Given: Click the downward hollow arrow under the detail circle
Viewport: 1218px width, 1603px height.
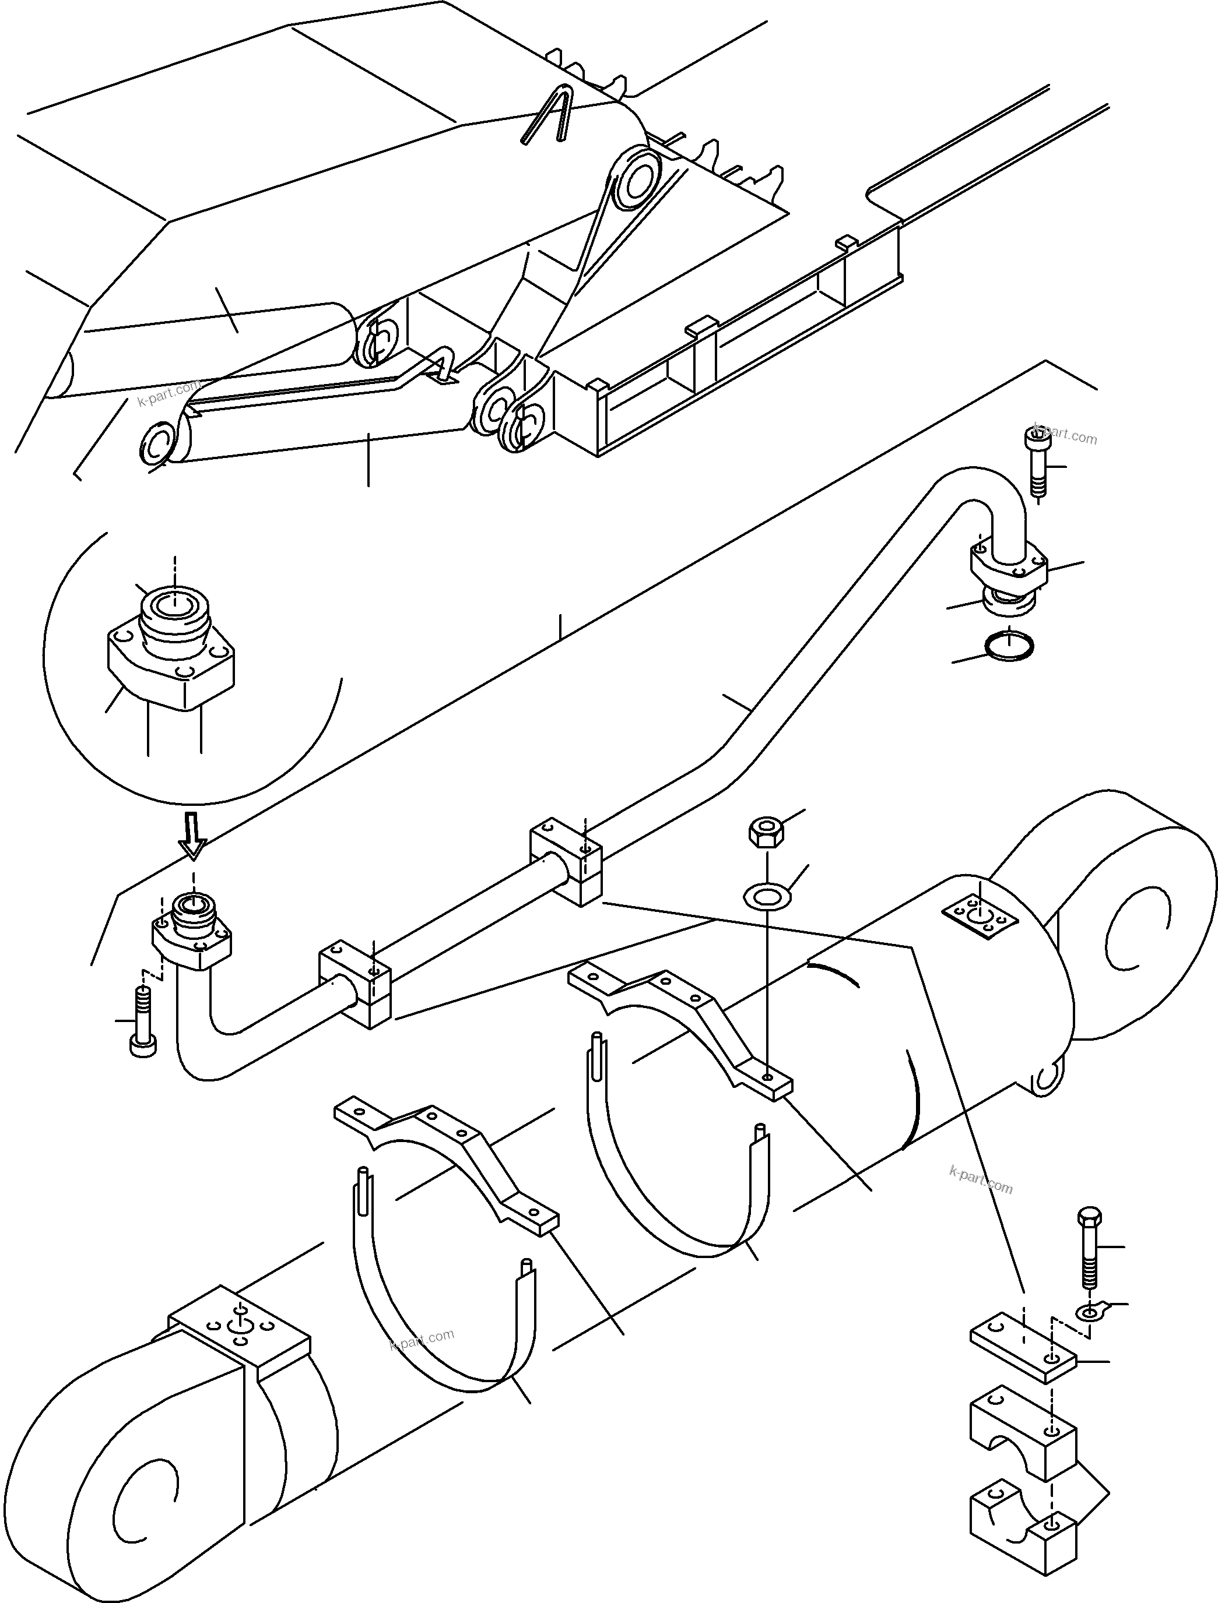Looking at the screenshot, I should tap(193, 835).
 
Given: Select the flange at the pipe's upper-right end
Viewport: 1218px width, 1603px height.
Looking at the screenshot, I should tap(1009, 565).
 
